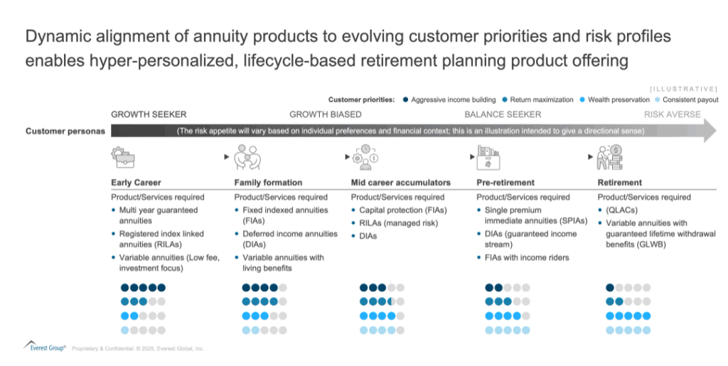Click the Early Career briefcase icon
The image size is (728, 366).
(123, 157)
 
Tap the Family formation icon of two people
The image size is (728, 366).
(247, 157)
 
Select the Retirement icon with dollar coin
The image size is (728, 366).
(609, 157)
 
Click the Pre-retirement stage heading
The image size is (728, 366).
(505, 183)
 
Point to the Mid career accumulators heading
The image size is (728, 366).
(401, 183)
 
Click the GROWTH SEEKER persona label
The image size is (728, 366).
(149, 114)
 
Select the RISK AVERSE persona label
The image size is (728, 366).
(673, 114)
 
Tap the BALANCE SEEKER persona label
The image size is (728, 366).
(503, 114)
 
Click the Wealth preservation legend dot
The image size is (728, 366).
(582, 99)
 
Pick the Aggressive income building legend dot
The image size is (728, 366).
(405, 99)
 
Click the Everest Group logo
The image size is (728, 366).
(45, 347)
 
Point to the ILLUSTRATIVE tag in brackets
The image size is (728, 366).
(683, 89)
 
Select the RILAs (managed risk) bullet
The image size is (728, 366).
(398, 223)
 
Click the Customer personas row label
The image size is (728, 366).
(65, 131)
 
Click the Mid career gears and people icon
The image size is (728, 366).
(365, 157)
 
